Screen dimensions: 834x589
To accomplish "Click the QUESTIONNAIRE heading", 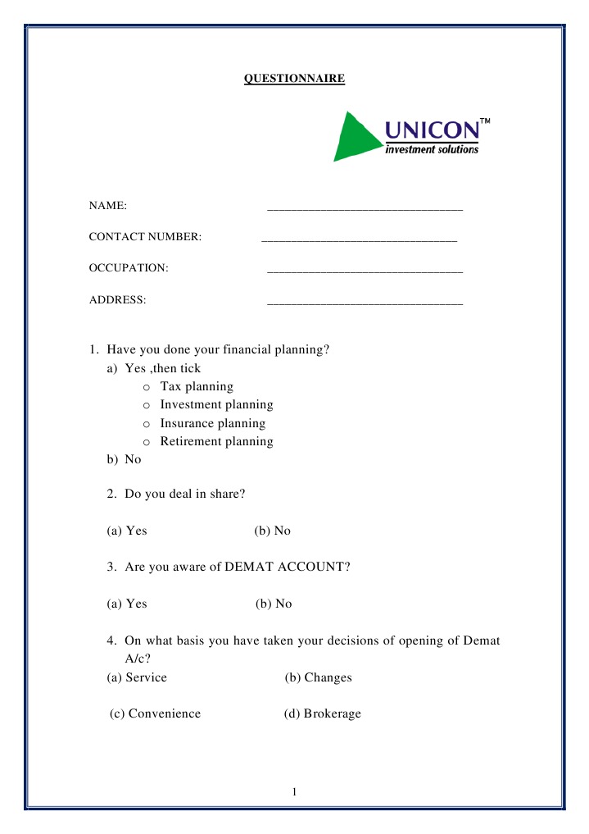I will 295,80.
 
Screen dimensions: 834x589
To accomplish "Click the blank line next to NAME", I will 365,210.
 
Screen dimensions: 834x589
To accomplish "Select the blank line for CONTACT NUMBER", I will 359,241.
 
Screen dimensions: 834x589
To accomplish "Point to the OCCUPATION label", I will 129,268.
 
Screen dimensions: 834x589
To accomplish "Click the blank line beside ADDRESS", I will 365,304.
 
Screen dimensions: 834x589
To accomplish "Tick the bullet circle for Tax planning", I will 146,387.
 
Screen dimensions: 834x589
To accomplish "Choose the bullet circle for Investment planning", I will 146,405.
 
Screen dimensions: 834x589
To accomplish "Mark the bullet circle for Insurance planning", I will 146,424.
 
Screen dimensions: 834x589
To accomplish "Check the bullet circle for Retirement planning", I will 146,442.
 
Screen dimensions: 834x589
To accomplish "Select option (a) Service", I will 137,677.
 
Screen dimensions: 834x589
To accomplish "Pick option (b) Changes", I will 318,677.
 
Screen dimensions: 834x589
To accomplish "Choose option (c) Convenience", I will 156,713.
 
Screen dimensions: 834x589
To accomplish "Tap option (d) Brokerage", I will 322,713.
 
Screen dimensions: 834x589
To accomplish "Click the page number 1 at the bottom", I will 295,791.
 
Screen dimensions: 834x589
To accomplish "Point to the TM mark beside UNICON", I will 485,121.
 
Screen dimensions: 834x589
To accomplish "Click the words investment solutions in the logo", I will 432,149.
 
